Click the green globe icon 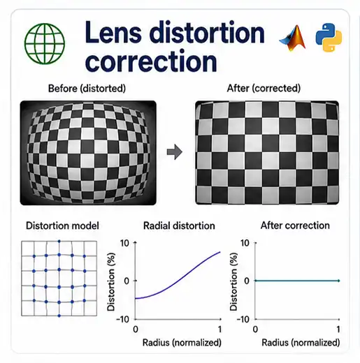pyautogui.click(x=45, y=43)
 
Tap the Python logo pyautogui.click(x=329, y=37)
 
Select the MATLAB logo pyautogui.click(x=293, y=38)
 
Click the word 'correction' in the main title pyautogui.click(x=151, y=61)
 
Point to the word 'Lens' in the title pyautogui.click(x=113, y=32)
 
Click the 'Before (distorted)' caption pyautogui.click(x=87, y=89)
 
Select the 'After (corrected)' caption pyautogui.click(x=264, y=89)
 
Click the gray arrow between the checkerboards pyautogui.click(x=175, y=152)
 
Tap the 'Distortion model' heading pyautogui.click(x=62, y=225)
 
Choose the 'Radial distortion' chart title pyautogui.click(x=179, y=225)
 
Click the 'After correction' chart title pyautogui.click(x=295, y=225)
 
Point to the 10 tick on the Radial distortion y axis pyautogui.click(x=124, y=243)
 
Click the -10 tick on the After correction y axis pyautogui.click(x=243, y=320)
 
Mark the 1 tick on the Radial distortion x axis pyautogui.click(x=219, y=329)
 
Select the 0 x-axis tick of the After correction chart pyautogui.click(x=255, y=329)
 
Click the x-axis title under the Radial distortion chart pyautogui.click(x=182, y=343)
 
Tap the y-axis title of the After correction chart pyautogui.click(x=233, y=282)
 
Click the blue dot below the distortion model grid pyautogui.click(x=59, y=316)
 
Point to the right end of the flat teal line pyautogui.click(x=339, y=281)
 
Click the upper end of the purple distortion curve pyautogui.click(x=220, y=252)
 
